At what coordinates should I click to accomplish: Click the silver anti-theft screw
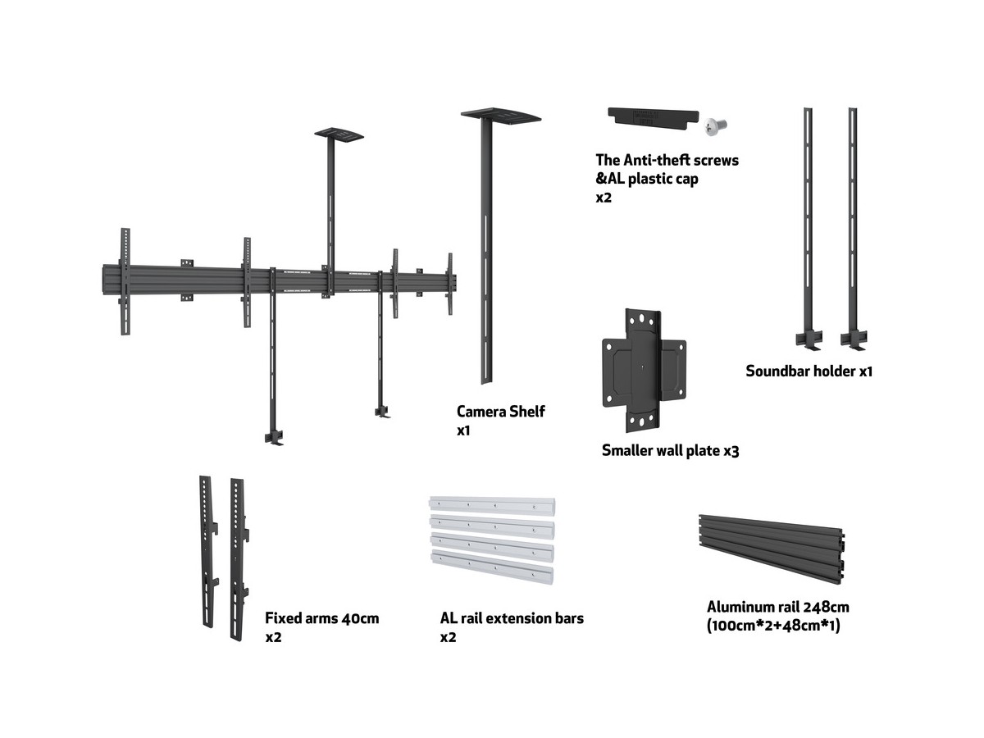[x=715, y=125]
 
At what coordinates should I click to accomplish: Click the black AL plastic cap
[x=652, y=117]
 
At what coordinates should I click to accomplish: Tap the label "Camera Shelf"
[x=500, y=412]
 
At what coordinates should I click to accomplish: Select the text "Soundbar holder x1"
[x=809, y=371]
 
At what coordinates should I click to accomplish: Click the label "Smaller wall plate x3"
[x=670, y=450]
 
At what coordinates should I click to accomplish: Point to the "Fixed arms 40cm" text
[x=321, y=618]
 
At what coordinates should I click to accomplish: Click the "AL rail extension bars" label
[x=512, y=618]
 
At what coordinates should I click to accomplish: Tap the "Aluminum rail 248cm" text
[x=777, y=608]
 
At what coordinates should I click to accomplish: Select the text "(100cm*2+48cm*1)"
[x=773, y=626]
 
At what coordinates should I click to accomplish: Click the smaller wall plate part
[x=644, y=370]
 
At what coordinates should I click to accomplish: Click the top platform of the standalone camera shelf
[x=501, y=115]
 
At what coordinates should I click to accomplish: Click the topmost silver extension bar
[x=491, y=503]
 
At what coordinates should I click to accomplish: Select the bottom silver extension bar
[x=492, y=568]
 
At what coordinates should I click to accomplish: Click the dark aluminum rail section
[x=772, y=549]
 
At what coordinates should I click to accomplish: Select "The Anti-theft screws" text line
[x=667, y=160]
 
